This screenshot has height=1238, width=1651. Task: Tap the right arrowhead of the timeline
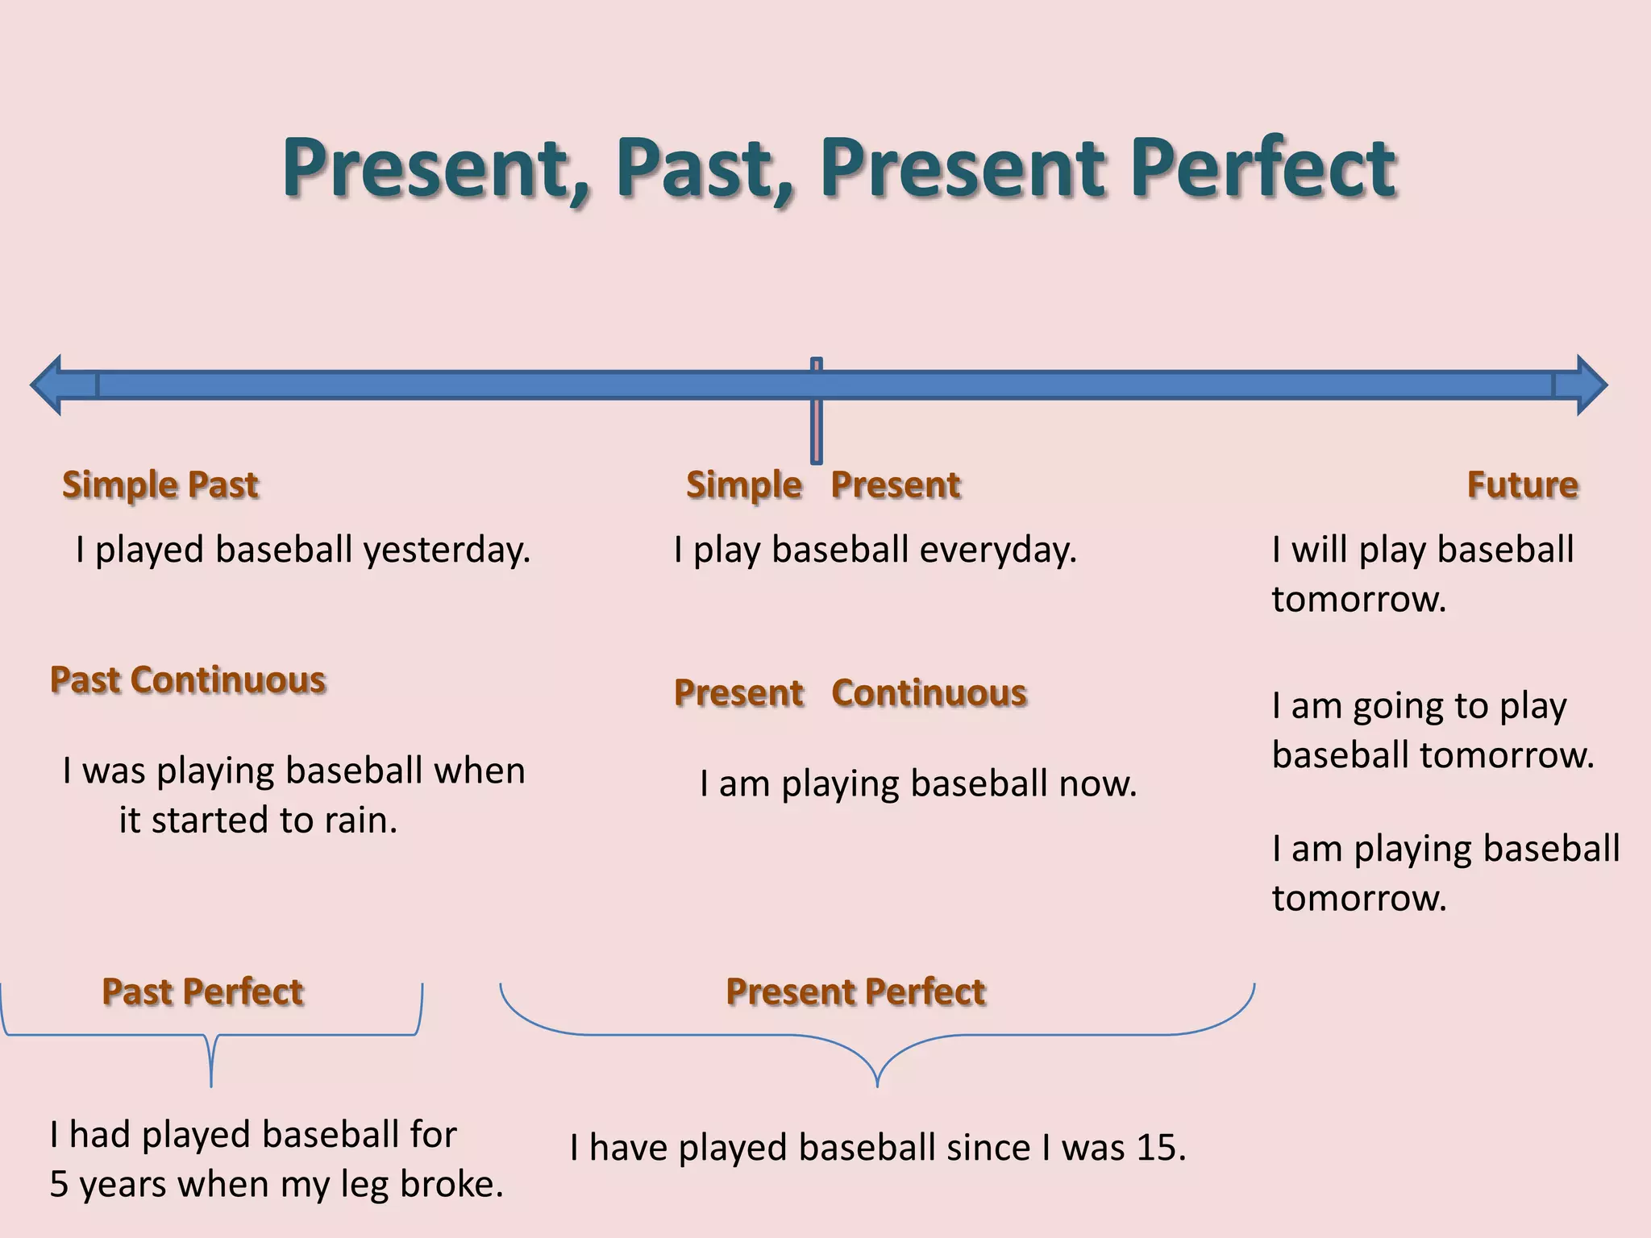(1590, 384)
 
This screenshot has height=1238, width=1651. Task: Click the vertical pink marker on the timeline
(817, 411)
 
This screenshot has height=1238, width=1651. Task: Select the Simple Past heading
(160, 484)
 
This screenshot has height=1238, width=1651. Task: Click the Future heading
(1522, 484)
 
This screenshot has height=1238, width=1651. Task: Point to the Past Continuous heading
(188, 679)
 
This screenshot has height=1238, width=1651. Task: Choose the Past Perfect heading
(202, 991)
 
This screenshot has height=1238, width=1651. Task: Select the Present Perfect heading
(855, 991)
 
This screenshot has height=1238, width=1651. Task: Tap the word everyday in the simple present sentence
(997, 550)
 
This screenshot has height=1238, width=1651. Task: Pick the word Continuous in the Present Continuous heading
(929, 693)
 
